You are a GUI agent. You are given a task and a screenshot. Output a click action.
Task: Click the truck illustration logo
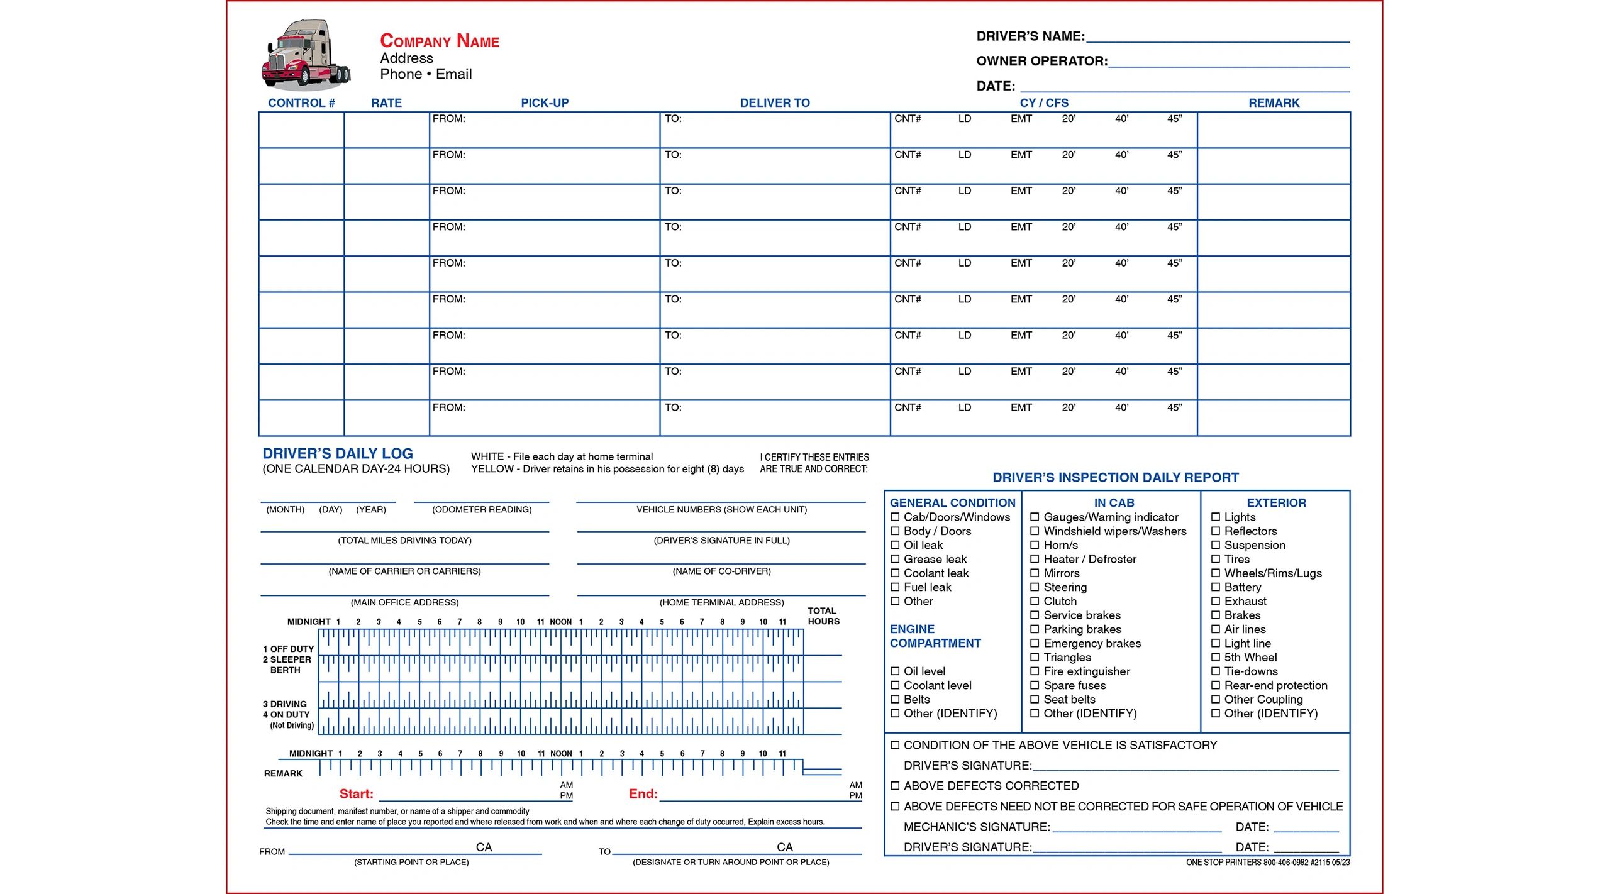(x=306, y=55)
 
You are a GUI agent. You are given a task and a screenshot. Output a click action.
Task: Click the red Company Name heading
(x=439, y=41)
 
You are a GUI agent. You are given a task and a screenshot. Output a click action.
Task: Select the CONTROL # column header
(x=301, y=102)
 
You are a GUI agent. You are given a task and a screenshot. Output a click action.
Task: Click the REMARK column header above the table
(x=1273, y=102)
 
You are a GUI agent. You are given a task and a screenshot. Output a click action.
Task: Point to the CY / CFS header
(x=1043, y=102)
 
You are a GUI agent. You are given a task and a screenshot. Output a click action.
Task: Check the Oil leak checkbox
(x=895, y=545)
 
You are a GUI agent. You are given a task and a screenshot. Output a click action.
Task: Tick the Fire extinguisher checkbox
(x=1035, y=671)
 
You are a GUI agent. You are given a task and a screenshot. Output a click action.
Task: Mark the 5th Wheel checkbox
(x=1216, y=658)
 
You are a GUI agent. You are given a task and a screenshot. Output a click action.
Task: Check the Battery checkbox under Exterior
(x=1216, y=587)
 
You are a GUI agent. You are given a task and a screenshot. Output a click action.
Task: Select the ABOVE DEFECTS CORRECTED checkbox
(x=895, y=786)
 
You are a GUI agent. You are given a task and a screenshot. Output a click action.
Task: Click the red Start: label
(x=356, y=794)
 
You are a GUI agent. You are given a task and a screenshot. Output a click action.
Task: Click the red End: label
(x=643, y=794)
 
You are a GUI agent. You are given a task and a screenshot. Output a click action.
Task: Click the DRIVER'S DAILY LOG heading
(x=338, y=453)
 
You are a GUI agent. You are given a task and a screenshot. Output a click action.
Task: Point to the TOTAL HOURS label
(x=823, y=616)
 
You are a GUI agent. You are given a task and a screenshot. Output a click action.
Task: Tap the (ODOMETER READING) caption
(x=482, y=510)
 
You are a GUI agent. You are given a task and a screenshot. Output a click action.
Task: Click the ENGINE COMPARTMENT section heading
(x=935, y=636)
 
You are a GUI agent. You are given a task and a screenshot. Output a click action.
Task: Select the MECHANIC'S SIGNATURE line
(x=1136, y=827)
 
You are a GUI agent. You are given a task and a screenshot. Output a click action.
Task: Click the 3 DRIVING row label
(x=285, y=704)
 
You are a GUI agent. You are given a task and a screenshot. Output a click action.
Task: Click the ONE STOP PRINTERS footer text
(x=1267, y=863)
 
